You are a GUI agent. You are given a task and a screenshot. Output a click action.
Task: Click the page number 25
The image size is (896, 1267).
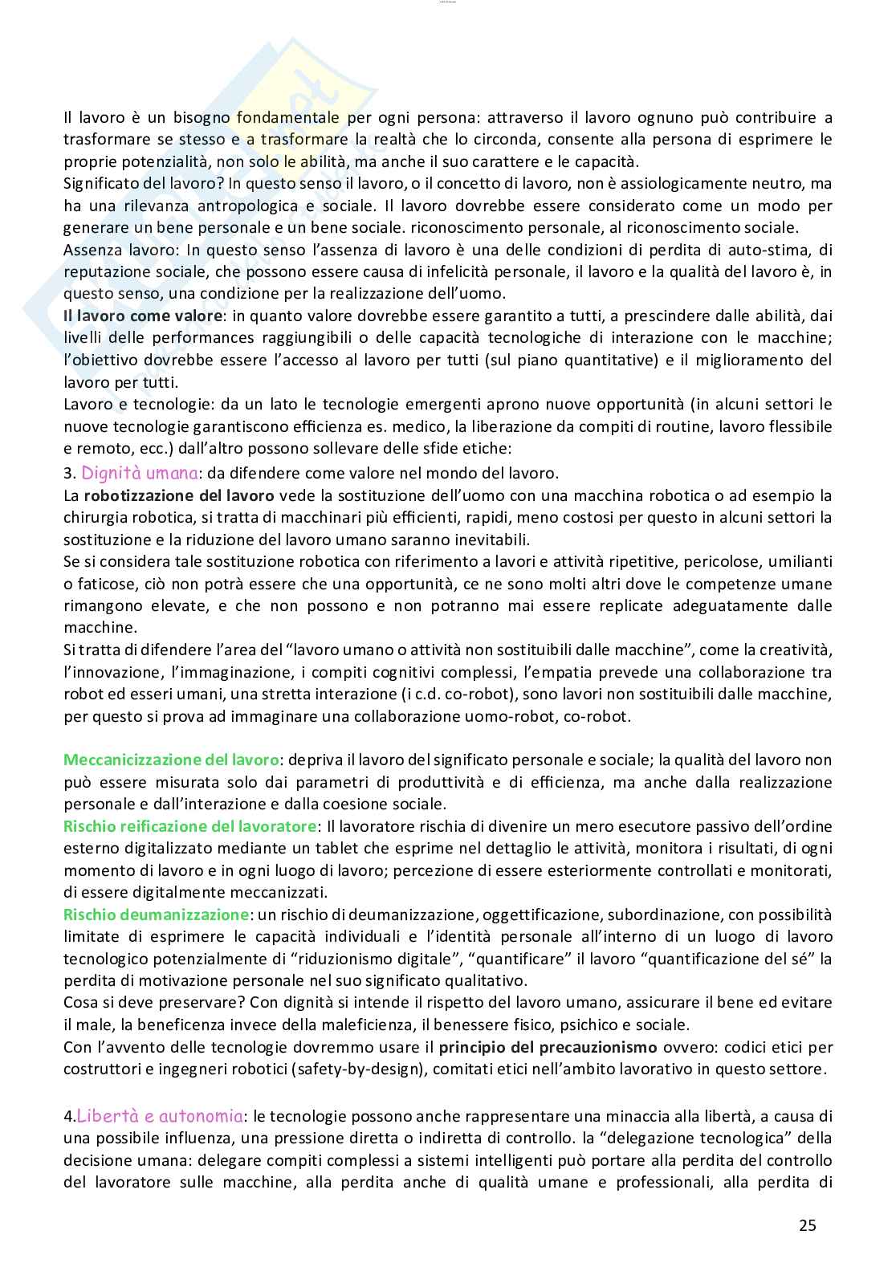click(x=807, y=1224)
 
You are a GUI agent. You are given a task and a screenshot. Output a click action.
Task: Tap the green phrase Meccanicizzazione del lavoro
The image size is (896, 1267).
click(x=172, y=759)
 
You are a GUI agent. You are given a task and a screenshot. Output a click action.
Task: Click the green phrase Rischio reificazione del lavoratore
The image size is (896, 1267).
click(x=190, y=825)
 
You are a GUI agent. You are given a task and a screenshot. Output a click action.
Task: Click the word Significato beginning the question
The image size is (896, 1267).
click(x=101, y=183)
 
